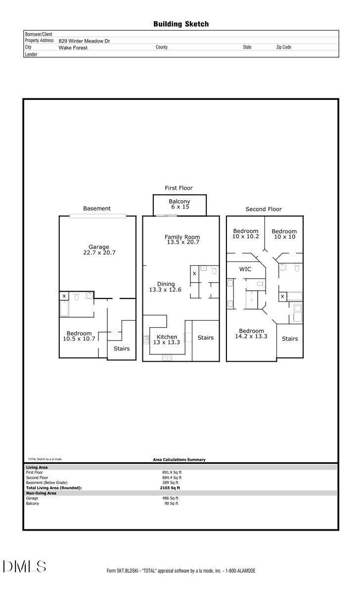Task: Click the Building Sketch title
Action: pyautogui.click(x=180, y=24)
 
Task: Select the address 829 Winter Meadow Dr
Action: pyautogui.click(x=84, y=41)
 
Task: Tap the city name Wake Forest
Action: pyautogui.click(x=73, y=48)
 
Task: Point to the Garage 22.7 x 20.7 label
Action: pyautogui.click(x=99, y=250)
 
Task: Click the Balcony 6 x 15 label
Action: pyautogui.click(x=180, y=204)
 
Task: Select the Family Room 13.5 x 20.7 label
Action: pyautogui.click(x=182, y=240)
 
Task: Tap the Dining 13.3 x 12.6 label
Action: pyautogui.click(x=166, y=287)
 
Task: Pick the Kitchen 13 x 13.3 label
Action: pyautogui.click(x=166, y=339)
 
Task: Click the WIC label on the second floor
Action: pyautogui.click(x=246, y=269)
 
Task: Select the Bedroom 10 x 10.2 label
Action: pyautogui.click(x=246, y=234)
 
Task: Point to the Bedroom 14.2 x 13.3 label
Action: pyautogui.click(x=251, y=334)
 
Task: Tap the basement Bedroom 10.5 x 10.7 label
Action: pyautogui.click(x=79, y=336)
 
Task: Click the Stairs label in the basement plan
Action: pyautogui.click(x=121, y=348)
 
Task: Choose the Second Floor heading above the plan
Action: pyautogui.click(x=264, y=209)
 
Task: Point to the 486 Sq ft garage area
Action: pyautogui.click(x=170, y=498)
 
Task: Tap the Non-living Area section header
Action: pyautogui.click(x=41, y=493)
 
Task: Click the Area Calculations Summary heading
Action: pyautogui.click(x=179, y=460)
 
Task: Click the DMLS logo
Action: pyautogui.click(x=25, y=566)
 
